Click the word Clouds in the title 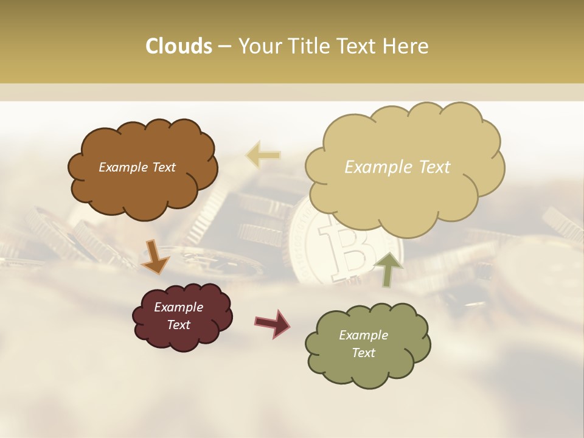pyautogui.click(x=178, y=46)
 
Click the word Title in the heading pyautogui.click(x=307, y=46)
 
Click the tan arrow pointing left pyautogui.click(x=263, y=155)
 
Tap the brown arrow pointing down pyautogui.click(x=155, y=257)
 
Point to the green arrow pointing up pyautogui.click(x=389, y=268)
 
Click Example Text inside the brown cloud pyautogui.click(x=137, y=167)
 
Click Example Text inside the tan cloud pyautogui.click(x=397, y=167)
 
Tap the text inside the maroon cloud pyautogui.click(x=178, y=316)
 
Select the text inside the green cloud pyautogui.click(x=363, y=344)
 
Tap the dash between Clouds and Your pyautogui.click(x=224, y=47)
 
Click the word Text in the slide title pyautogui.click(x=357, y=46)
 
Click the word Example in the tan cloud pyautogui.click(x=374, y=167)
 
